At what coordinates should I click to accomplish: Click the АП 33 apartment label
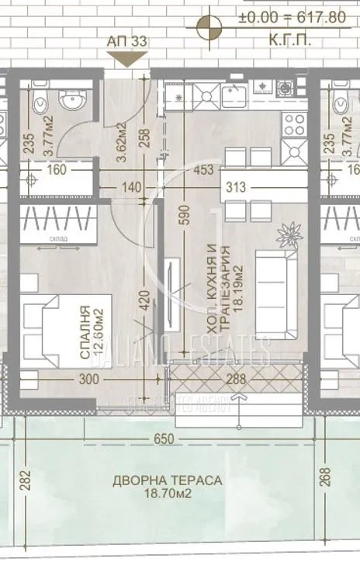point(126,42)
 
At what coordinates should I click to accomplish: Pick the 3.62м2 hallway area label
point(121,141)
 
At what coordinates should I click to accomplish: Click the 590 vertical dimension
point(184,212)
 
